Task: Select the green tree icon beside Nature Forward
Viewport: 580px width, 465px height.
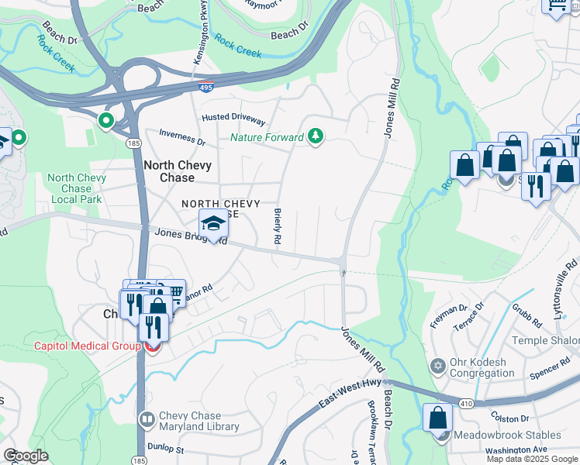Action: (x=315, y=137)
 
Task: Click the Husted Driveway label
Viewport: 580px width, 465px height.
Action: (x=233, y=119)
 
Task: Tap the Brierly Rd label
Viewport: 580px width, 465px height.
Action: (x=277, y=227)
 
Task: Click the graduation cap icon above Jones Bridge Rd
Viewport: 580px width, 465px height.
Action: (x=214, y=224)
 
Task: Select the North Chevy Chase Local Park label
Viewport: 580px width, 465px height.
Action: (x=76, y=188)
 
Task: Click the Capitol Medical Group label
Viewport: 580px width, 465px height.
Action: (x=85, y=345)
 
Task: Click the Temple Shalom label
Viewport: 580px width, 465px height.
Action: (x=549, y=341)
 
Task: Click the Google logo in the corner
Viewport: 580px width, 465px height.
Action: (x=26, y=456)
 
